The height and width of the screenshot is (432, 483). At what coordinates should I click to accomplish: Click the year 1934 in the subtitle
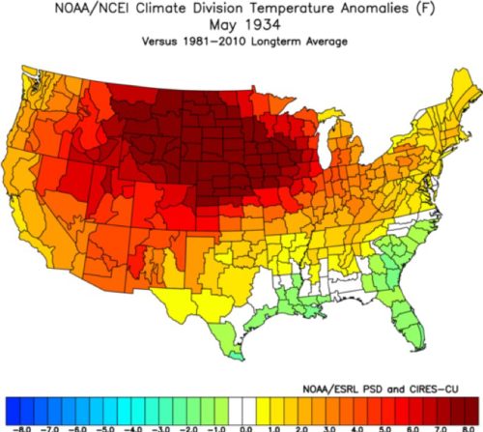(263, 25)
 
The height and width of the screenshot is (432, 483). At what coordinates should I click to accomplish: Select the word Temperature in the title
(294, 9)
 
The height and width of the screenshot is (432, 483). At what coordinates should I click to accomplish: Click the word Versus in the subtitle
(159, 42)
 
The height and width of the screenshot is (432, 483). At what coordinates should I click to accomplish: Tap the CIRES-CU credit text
(434, 389)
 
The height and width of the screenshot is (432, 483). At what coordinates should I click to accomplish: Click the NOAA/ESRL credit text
(330, 389)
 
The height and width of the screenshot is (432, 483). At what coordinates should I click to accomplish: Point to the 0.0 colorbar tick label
(246, 429)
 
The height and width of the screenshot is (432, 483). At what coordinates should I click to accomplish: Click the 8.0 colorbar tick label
(469, 429)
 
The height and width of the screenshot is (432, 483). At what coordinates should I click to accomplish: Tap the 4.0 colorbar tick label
(357, 429)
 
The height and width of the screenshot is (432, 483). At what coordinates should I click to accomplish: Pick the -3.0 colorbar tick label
(160, 429)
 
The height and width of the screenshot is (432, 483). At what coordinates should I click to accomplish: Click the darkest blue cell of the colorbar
(13, 411)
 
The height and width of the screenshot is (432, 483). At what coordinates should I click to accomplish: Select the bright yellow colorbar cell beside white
(264, 411)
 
